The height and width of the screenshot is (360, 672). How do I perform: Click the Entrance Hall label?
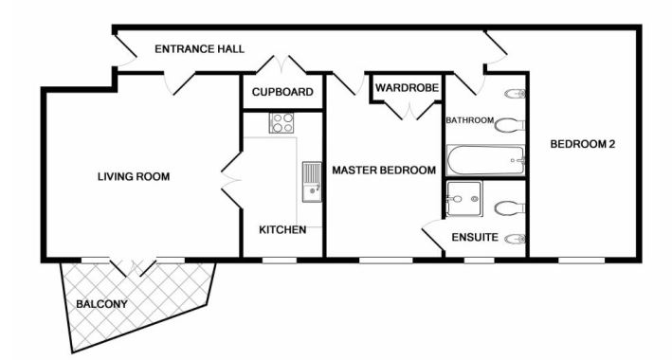199,49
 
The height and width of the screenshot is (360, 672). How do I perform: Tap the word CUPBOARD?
282,92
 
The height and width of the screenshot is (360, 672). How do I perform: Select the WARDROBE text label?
408,88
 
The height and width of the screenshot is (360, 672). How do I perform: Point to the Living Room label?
134,176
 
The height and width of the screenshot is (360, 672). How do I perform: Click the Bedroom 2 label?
582,144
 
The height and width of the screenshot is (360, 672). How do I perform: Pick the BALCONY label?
102,304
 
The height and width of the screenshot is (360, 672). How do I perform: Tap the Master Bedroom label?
384,171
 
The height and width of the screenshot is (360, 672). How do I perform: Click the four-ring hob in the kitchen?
282,122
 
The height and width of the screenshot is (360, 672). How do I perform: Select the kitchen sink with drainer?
312,182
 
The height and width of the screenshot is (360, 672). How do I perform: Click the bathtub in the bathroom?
485,160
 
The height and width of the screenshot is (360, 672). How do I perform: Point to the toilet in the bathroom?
510,125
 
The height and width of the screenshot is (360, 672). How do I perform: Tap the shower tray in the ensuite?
464,198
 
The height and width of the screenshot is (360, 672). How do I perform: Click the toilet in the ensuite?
510,208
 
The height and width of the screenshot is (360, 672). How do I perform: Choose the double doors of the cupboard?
282,64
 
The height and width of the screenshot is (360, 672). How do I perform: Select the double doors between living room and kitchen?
230,180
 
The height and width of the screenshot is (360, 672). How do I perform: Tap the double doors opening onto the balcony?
134,267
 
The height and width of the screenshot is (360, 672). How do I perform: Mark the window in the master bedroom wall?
386,261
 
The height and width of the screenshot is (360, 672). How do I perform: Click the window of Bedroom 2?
581,261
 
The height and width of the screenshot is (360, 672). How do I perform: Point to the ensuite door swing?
432,235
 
